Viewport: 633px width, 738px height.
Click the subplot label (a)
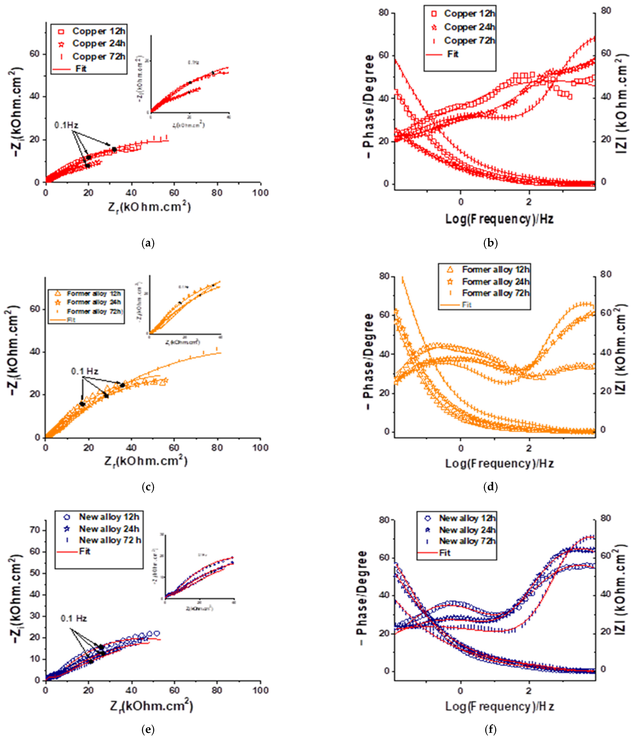(148, 243)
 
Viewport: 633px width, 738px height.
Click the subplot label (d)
(491, 487)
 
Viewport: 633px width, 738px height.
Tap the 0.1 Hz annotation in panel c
(85, 372)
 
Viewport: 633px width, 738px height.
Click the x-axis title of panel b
(499, 219)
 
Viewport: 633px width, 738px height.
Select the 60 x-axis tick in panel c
(174, 448)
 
